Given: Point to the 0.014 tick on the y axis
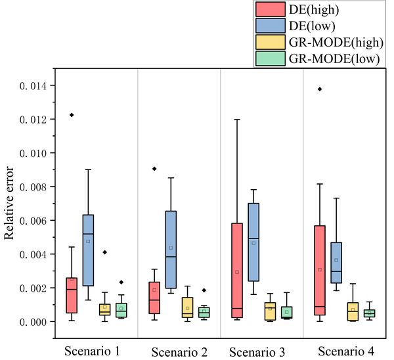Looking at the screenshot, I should click(31, 85).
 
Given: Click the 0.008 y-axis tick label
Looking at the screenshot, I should click(31, 187).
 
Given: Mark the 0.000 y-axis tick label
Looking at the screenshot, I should click(31, 322).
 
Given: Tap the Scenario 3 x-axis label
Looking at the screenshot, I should click(257, 352).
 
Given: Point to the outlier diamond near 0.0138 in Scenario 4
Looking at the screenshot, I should click(320, 89).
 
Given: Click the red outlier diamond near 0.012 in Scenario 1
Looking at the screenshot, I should click(72, 115).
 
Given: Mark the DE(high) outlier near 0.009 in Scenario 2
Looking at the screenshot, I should click(154, 169).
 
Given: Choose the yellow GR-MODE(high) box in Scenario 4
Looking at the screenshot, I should click(352, 311).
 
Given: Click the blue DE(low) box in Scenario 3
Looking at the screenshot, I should click(253, 242).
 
